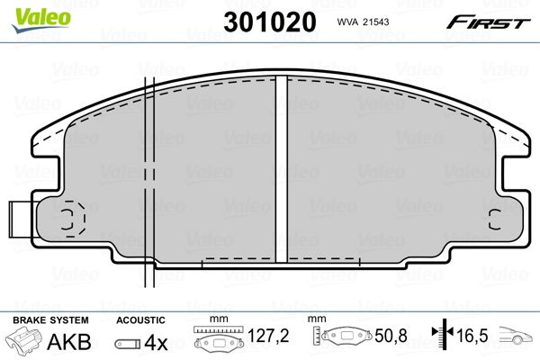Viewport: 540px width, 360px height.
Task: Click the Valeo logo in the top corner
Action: pyautogui.click(x=41, y=20)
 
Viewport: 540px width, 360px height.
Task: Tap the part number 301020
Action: pyautogui.click(x=270, y=22)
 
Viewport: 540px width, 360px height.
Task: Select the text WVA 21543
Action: pyautogui.click(x=363, y=22)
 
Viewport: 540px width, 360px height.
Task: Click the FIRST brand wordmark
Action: pyautogui.click(x=488, y=22)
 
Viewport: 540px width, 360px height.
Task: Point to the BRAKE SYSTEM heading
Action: pyautogui.click(x=50, y=320)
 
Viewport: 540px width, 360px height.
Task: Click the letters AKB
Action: pyautogui.click(x=69, y=342)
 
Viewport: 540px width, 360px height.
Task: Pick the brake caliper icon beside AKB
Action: pyautogui.click(x=23, y=340)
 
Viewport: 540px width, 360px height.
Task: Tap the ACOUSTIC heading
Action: pyautogui.click(x=140, y=320)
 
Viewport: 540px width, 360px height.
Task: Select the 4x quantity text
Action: pyautogui.click(x=156, y=342)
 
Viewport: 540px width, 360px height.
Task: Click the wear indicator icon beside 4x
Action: pyautogui.click(x=128, y=344)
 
